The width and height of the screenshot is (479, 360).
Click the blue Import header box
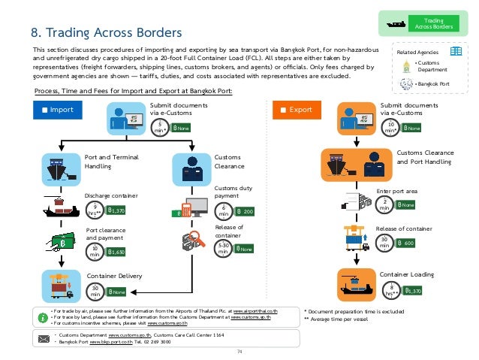pos(57,110)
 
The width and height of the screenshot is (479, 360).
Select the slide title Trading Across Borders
pos(106,33)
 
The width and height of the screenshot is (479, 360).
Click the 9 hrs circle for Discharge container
pos(95,211)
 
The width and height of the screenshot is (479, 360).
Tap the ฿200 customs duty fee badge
pos(246,213)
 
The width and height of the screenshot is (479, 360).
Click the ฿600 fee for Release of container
pos(405,244)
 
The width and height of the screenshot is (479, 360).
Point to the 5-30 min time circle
pos(224,249)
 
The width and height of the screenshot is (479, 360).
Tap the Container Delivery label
pos(115,275)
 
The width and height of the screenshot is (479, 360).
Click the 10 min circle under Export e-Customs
pos(390,127)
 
